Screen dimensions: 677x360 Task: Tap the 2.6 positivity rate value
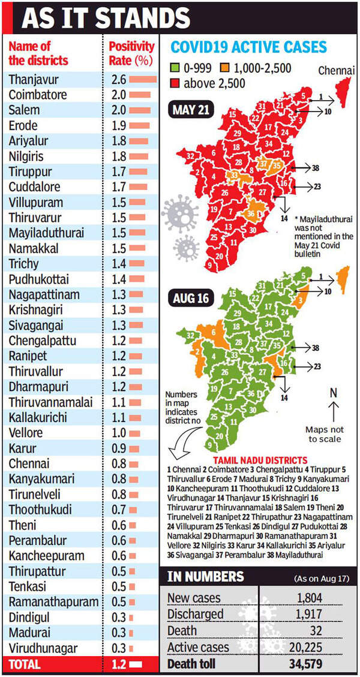pos(118,79)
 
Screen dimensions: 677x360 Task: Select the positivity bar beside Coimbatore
pos(139,95)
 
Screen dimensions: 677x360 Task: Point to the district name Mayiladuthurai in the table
pos(47,233)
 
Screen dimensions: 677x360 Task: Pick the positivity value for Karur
pos(118,448)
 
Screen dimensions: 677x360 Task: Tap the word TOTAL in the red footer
pos(25,664)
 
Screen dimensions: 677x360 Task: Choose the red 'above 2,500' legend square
pos(175,83)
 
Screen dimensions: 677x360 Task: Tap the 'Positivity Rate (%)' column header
pos(131,53)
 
